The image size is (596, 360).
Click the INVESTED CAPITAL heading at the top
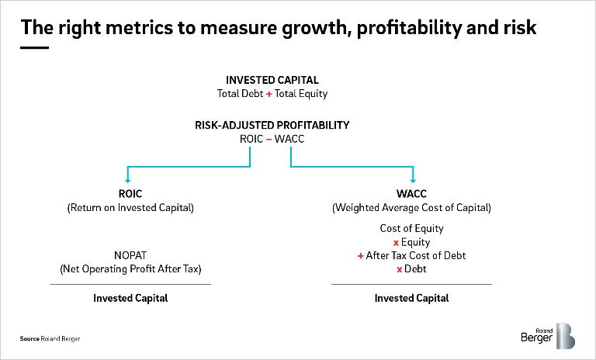272,80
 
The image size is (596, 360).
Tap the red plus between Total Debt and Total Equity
269,94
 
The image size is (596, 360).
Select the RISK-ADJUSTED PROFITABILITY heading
272,125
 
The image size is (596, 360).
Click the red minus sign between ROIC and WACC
269,140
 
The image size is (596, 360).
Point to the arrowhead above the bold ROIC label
128,180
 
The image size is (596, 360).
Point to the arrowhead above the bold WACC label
413,180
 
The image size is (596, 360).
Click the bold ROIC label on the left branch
130,194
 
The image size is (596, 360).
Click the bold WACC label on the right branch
411,194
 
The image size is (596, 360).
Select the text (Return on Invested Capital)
130,208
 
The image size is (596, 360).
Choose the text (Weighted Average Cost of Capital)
411,208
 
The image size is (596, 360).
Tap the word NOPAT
130,255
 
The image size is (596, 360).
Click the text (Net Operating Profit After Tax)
130,269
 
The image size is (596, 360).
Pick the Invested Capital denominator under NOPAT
130,298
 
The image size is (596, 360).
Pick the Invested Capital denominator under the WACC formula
411,298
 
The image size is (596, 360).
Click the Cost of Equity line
411,228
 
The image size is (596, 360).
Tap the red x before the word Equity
396,243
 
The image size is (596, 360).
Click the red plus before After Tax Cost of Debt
360,256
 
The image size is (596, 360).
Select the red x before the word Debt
399,270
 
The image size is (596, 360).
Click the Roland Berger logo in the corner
548,336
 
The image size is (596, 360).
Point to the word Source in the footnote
29,339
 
